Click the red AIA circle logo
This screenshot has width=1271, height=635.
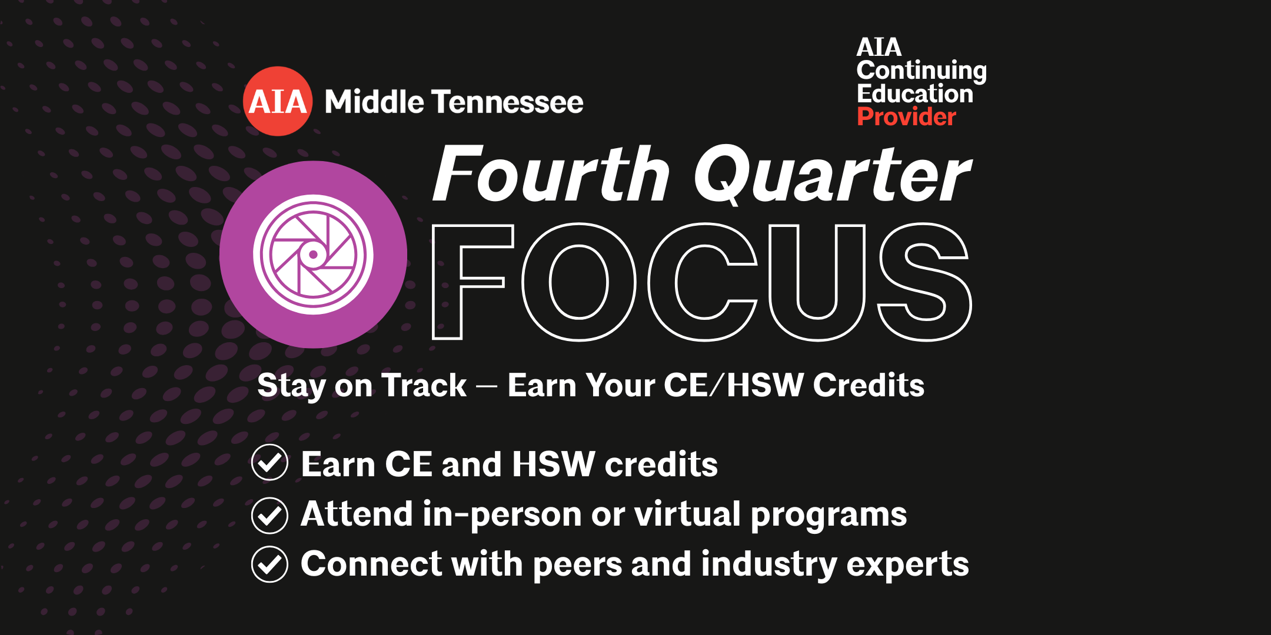point(278,101)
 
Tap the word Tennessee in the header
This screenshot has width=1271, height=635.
point(508,102)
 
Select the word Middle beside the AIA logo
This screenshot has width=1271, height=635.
point(374,102)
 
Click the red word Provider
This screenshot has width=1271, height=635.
point(906,117)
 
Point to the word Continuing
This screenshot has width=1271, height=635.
point(921,71)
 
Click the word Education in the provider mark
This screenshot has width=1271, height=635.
point(915,94)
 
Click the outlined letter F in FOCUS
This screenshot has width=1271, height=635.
point(447,282)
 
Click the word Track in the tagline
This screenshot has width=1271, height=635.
point(424,386)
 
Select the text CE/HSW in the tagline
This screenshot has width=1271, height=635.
point(734,386)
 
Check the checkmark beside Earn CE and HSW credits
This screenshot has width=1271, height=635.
point(269,463)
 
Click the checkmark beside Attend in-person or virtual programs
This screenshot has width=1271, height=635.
point(269,516)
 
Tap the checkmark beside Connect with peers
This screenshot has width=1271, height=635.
point(269,564)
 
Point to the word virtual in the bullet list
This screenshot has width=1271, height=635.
point(687,514)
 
